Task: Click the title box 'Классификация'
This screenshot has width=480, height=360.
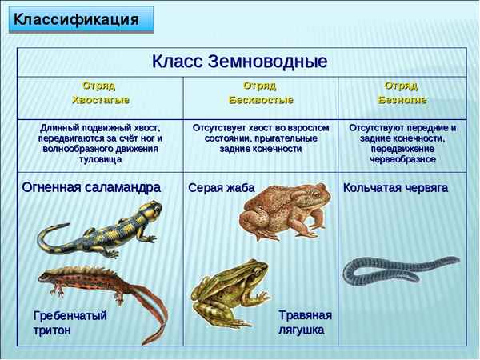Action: pyautogui.click(x=81, y=18)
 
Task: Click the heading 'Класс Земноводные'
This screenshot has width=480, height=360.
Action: pyautogui.click(x=241, y=62)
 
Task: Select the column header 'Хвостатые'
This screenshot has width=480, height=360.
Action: pyautogui.click(x=101, y=93)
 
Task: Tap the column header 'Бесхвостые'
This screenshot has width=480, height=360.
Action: pyautogui.click(x=260, y=93)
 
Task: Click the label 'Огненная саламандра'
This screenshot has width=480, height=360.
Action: pyautogui.click(x=91, y=187)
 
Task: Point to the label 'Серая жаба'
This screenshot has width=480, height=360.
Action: pyautogui.click(x=221, y=188)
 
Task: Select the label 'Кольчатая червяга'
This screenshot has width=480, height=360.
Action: pyautogui.click(x=395, y=188)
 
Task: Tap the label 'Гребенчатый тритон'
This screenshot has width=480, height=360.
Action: pyautogui.click(x=70, y=322)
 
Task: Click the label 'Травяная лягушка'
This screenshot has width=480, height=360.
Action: pyautogui.click(x=305, y=322)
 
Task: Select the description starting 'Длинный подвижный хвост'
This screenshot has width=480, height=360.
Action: pyautogui.click(x=101, y=143)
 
